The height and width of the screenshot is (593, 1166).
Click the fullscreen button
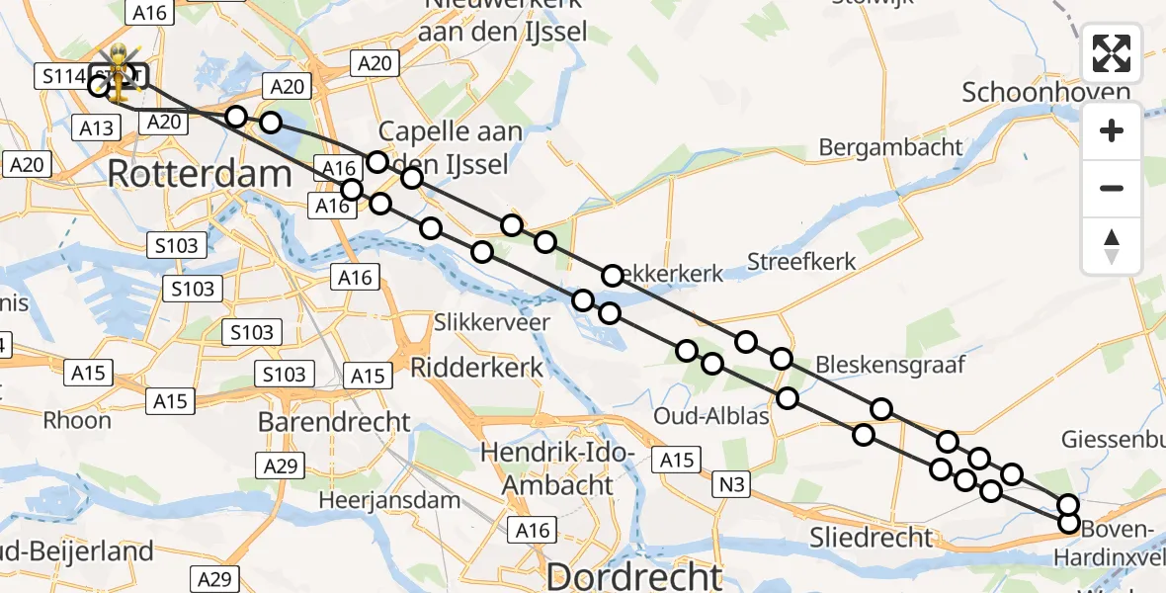pos(1112,53)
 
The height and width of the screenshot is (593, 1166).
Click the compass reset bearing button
pos(1112,246)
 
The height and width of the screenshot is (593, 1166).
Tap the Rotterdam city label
pos(200,174)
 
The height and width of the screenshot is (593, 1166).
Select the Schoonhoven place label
pos(1045,93)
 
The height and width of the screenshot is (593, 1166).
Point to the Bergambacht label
pos(890,147)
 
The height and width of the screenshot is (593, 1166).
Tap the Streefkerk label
pos(801,262)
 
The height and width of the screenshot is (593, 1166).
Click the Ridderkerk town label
pos(476,369)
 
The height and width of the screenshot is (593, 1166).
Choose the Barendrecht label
pos(334,422)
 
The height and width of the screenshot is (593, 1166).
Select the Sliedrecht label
pos(871,537)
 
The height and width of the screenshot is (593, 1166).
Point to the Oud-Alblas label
pos(711,416)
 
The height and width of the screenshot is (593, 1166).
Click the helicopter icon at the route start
pos(119,72)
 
